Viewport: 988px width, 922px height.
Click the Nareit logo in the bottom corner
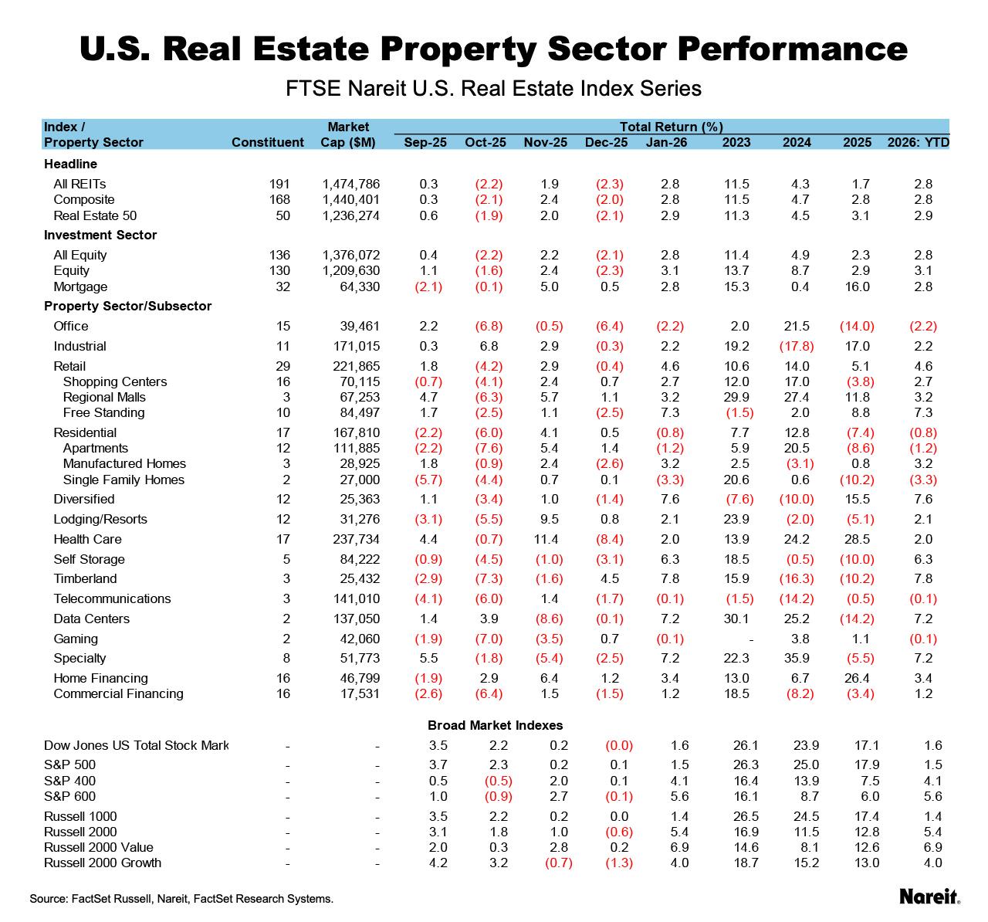[x=929, y=896]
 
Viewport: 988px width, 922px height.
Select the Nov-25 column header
[x=545, y=142]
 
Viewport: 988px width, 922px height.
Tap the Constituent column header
[x=268, y=142]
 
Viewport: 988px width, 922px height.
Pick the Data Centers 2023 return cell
[x=736, y=619]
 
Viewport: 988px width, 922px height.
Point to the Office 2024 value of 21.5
[x=797, y=326]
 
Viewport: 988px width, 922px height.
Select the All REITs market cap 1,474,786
[x=350, y=184]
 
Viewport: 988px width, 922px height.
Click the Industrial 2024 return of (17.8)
[x=797, y=346]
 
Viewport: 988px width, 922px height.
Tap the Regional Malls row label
[x=104, y=397]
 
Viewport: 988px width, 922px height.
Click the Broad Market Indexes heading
[x=495, y=725]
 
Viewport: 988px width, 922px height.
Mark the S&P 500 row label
[x=69, y=764]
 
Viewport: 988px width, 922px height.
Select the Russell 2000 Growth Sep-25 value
[x=438, y=863]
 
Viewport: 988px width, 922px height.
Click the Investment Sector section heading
[x=100, y=235]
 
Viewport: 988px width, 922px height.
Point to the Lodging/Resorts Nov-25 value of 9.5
[x=549, y=519]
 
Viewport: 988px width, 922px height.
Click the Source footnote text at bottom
[x=181, y=899]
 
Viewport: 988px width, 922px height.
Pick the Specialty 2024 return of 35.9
[x=797, y=658]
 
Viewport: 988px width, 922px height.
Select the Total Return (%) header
[x=671, y=127]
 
